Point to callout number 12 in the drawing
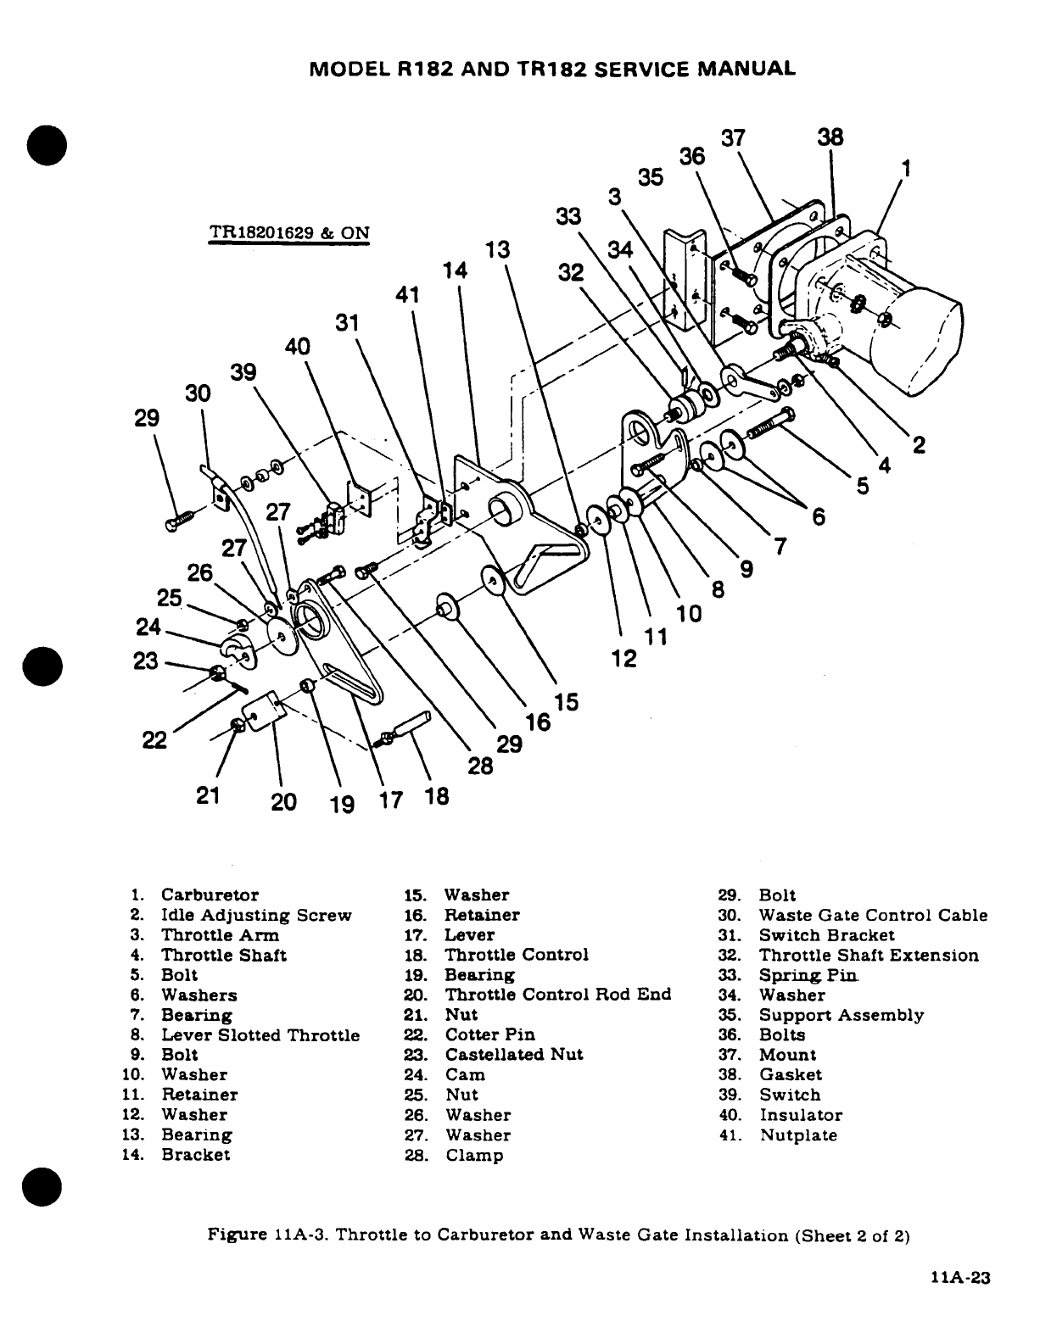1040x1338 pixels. point(624,658)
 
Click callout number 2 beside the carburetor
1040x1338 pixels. point(917,444)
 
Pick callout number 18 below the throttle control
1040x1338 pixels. point(436,797)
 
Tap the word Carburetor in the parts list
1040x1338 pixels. point(210,895)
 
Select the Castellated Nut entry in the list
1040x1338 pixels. point(514,1055)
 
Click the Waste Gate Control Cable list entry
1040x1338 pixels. point(873,916)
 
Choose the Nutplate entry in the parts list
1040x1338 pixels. point(797,1135)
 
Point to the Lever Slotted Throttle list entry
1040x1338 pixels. point(260,1035)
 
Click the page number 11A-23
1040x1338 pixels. point(959,1279)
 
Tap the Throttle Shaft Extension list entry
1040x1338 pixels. point(868,956)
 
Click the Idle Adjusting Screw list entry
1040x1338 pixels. point(255,916)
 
